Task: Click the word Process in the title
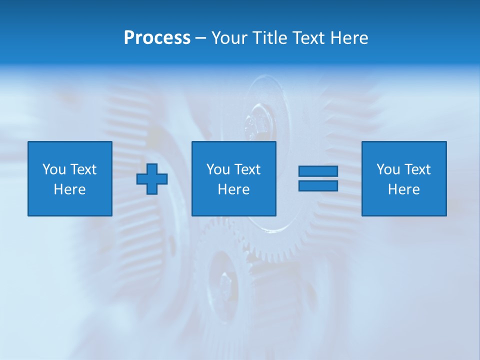[x=157, y=38]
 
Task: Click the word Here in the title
[x=349, y=38]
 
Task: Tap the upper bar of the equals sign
[x=318, y=171]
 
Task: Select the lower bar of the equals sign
[x=318, y=186]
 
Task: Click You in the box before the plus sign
[x=54, y=169]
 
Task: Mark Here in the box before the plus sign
[x=69, y=189]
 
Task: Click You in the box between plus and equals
[x=218, y=169]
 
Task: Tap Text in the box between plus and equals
[x=246, y=169]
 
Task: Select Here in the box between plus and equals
[x=233, y=189]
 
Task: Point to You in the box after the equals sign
[x=388, y=169]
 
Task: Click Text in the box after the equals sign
[x=416, y=169]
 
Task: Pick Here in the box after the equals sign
[x=403, y=189]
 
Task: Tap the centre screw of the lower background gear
[x=223, y=283]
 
